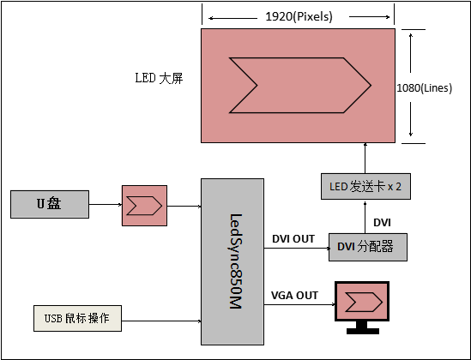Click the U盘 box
point(50,204)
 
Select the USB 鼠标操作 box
point(77,318)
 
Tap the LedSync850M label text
point(236,261)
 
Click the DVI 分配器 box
point(368,247)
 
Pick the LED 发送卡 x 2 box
point(365,186)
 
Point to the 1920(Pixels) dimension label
point(299,16)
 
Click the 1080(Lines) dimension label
point(424,88)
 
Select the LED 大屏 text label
point(159,78)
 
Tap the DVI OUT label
point(293,239)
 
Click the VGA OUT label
point(294,296)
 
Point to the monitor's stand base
point(363,331)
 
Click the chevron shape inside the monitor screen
point(364,302)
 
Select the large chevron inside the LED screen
point(300,85)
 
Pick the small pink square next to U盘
point(144,206)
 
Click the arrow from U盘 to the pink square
point(106,205)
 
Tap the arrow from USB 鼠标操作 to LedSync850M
point(161,321)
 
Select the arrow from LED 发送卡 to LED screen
point(365,158)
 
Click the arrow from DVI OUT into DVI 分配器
point(298,248)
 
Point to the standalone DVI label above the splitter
point(382,223)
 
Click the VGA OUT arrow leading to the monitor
point(299,304)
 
